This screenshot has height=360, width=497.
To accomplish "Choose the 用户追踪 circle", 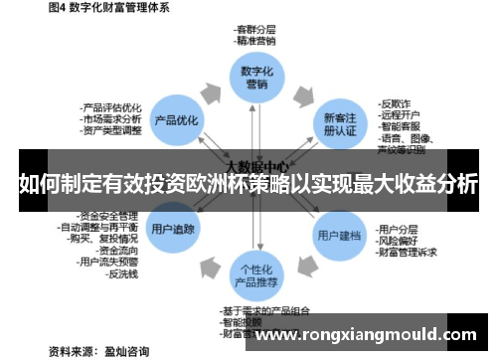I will [x=173, y=228].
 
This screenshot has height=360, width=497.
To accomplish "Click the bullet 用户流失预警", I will [x=113, y=262].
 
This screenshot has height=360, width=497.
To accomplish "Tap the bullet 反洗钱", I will [x=125, y=274].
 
